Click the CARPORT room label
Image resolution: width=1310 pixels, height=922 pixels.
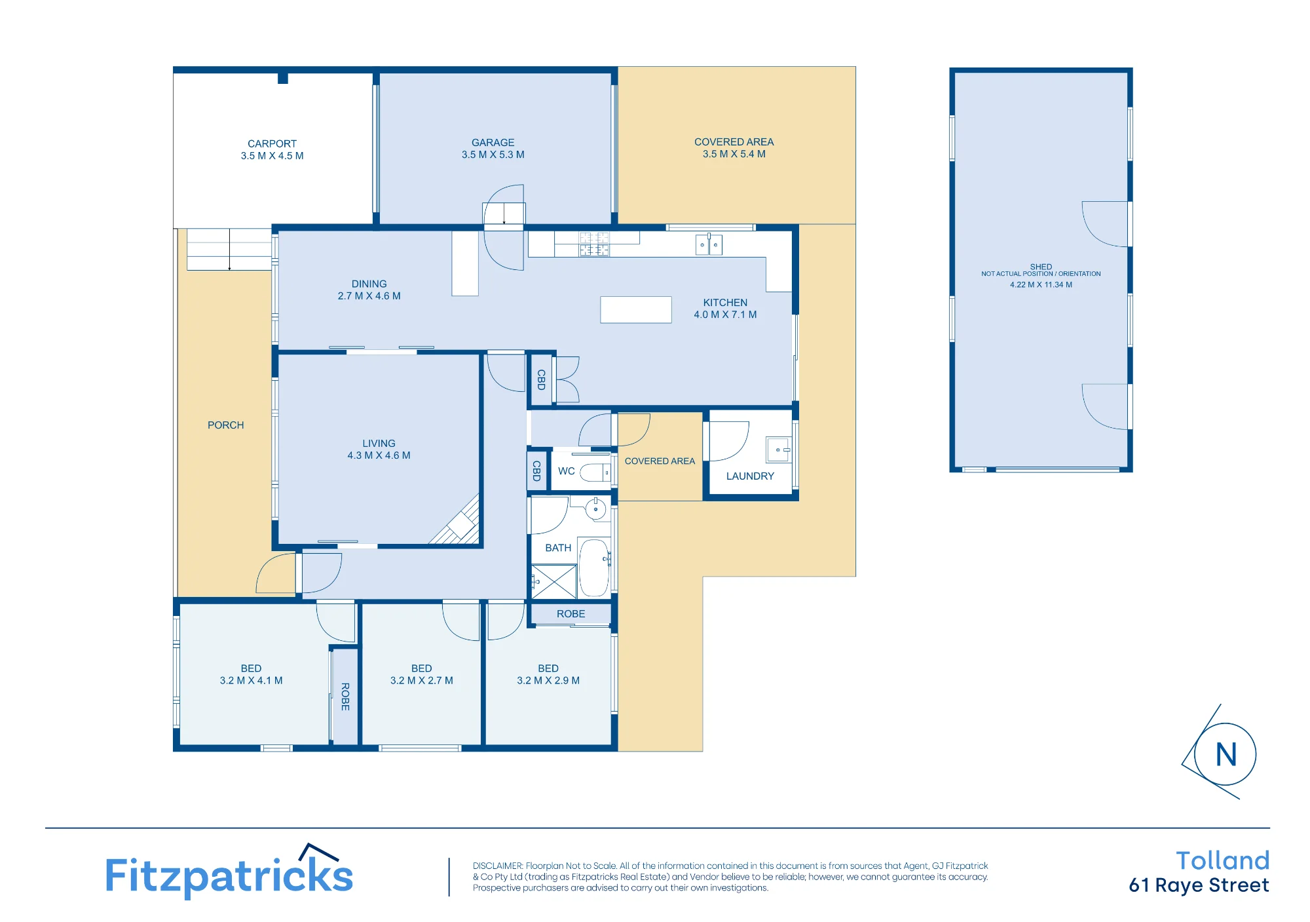pyautogui.click(x=272, y=144)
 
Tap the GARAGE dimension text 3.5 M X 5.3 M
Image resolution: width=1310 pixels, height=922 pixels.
pyautogui.click(x=493, y=155)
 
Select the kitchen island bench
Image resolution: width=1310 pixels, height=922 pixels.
pyautogui.click(x=636, y=310)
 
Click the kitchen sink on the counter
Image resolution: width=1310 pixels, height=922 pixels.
pyautogui.click(x=709, y=244)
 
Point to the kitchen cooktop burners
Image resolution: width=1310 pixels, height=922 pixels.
pyautogui.click(x=594, y=244)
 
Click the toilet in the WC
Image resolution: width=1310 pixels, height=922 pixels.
pyautogui.click(x=595, y=472)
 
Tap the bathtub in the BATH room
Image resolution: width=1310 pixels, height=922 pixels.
pyautogui.click(x=595, y=567)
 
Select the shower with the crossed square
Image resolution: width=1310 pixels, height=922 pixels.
pyautogui.click(x=554, y=581)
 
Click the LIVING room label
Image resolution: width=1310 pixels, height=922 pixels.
pyautogui.click(x=379, y=444)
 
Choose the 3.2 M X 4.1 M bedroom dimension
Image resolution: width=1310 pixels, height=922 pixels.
pyautogui.click(x=252, y=681)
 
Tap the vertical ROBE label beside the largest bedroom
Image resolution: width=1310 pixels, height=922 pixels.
pyautogui.click(x=345, y=697)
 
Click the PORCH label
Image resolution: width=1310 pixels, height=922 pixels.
pyautogui.click(x=226, y=425)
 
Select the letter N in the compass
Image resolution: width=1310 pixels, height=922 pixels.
pyautogui.click(x=1226, y=755)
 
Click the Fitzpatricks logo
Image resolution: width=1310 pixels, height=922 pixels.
pyautogui.click(x=229, y=872)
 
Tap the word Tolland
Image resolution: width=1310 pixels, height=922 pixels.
pyautogui.click(x=1222, y=860)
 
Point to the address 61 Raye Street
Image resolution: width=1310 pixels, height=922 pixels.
pyautogui.click(x=1199, y=886)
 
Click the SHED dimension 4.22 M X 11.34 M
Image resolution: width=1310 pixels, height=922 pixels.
pyautogui.click(x=1041, y=285)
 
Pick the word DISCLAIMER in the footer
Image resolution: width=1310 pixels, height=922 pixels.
pyautogui.click(x=498, y=866)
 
